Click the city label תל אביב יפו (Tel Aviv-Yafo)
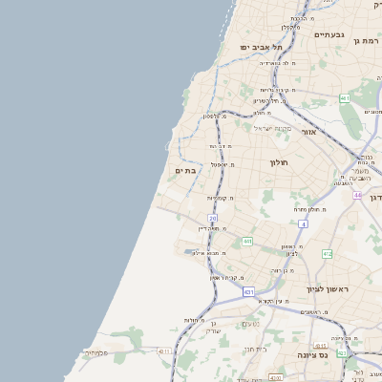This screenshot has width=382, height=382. point(262,47)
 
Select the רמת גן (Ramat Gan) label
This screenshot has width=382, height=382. point(367,41)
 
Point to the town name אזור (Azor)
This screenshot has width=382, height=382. point(308,132)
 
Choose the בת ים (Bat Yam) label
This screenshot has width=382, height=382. point(185,170)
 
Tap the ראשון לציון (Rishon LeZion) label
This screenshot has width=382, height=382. point(328,288)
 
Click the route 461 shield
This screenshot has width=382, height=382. point(345,98)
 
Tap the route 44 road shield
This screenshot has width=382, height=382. point(356,195)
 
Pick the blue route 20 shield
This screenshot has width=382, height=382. point(212,219)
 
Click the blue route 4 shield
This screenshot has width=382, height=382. point(303,223)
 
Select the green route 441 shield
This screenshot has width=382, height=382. point(247,242)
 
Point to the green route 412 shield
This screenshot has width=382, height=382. point(328,254)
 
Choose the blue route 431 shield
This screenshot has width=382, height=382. point(247,291)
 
